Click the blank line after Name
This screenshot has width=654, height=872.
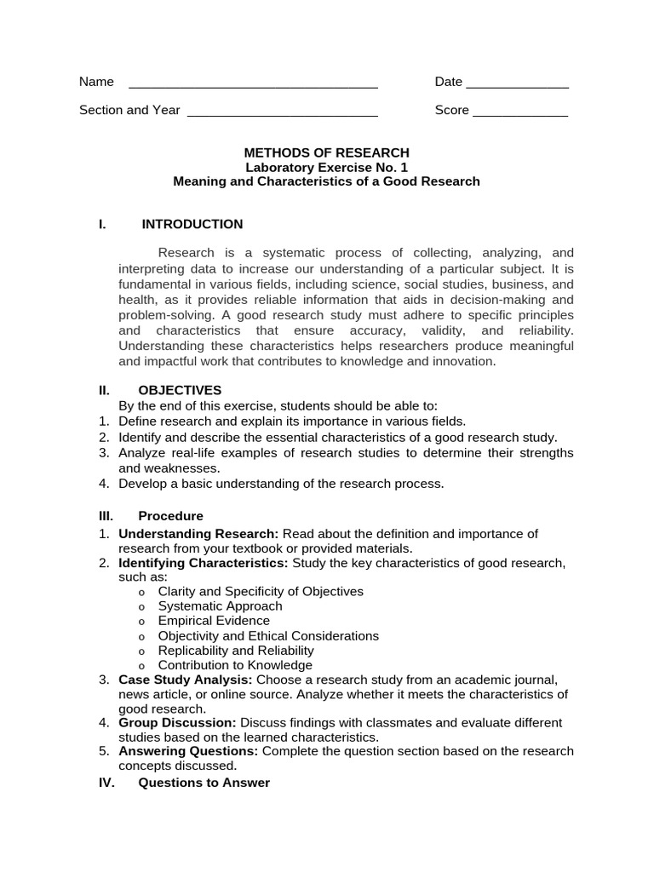(253, 85)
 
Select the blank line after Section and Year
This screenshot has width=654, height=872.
(282, 113)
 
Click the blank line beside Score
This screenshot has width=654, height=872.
(520, 113)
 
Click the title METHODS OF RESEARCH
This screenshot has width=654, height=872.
(327, 153)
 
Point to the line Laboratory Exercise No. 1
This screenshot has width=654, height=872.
(327, 168)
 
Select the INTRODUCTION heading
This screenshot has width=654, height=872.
(192, 224)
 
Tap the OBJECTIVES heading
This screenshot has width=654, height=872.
(180, 390)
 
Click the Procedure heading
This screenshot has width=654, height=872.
(170, 516)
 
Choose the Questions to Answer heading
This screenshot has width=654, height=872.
(204, 783)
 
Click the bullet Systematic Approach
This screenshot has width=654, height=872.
(220, 606)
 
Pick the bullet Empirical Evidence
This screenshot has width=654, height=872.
(214, 621)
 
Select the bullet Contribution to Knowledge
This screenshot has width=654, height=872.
(235, 665)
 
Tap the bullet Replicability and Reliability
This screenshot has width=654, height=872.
(236, 651)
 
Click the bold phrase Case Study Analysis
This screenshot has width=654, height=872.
(186, 680)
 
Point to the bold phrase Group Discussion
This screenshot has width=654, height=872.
(177, 723)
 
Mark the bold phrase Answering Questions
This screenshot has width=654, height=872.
(188, 751)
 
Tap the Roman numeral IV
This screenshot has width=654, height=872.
(106, 783)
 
